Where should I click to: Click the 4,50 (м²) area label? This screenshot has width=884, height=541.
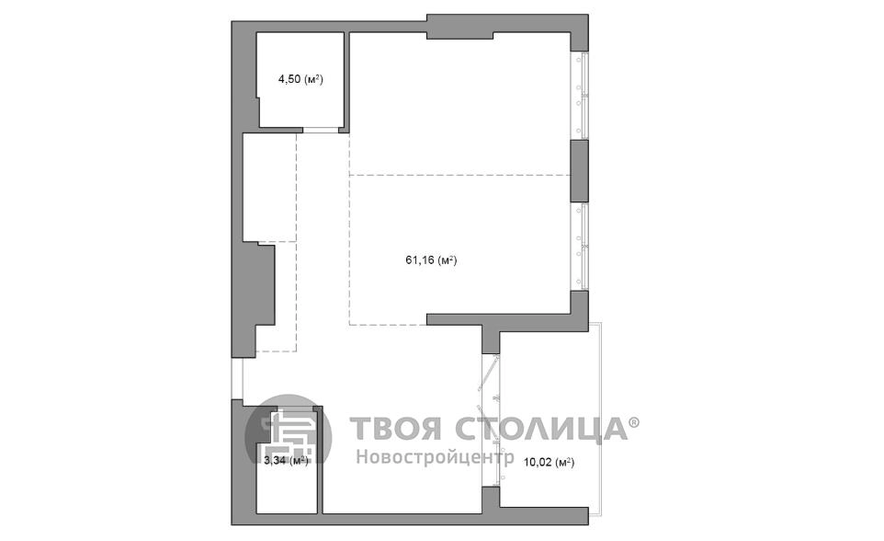[300, 80]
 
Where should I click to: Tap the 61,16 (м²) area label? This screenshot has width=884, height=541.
[432, 260]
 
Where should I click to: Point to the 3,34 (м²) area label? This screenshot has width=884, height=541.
[285, 460]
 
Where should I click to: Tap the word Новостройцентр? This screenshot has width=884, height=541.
[433, 455]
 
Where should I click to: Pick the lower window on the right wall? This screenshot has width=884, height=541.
[582, 246]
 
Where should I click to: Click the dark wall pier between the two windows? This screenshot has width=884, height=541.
[580, 171]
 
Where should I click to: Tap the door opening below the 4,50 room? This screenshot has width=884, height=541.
[321, 131]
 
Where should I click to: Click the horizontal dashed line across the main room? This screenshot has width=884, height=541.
[459, 174]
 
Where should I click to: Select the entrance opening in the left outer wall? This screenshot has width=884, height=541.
[237, 378]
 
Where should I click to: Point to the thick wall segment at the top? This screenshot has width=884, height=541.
[459, 28]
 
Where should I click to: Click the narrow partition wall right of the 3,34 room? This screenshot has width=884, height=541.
[318, 460]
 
